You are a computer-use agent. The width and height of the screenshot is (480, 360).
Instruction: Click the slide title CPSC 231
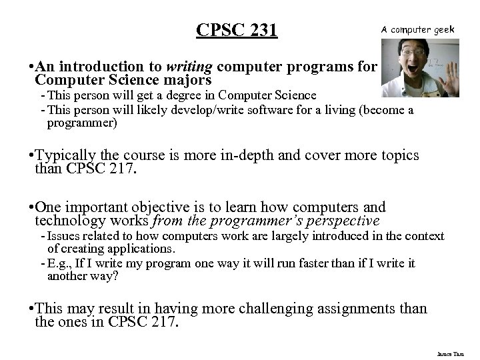pos(237,31)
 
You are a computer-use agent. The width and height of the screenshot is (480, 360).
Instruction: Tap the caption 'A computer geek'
pos(419,29)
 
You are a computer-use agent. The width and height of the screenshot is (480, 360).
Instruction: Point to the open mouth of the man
pos(405,72)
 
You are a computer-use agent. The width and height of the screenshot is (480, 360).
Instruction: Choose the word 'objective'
pos(152,207)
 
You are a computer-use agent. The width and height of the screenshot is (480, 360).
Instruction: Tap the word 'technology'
pos(70,220)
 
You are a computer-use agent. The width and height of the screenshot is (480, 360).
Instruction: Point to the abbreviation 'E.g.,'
pos(60,264)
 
